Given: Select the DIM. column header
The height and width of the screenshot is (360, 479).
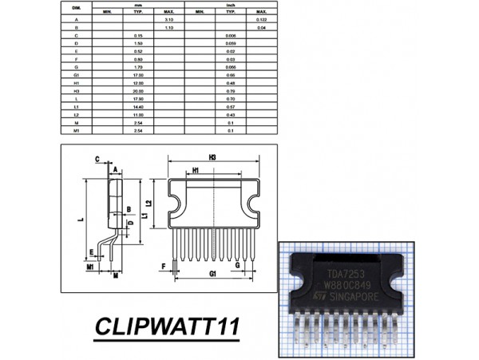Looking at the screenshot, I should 76,7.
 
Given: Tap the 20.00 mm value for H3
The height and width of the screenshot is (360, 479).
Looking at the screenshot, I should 137,91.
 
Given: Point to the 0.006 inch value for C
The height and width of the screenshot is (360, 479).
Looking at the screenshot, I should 231,37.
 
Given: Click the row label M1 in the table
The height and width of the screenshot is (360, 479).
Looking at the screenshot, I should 76,130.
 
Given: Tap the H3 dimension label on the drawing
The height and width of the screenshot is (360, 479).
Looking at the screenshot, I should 212,158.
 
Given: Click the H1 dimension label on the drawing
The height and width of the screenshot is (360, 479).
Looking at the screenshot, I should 196,171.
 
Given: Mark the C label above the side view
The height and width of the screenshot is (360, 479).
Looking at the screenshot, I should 96,159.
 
